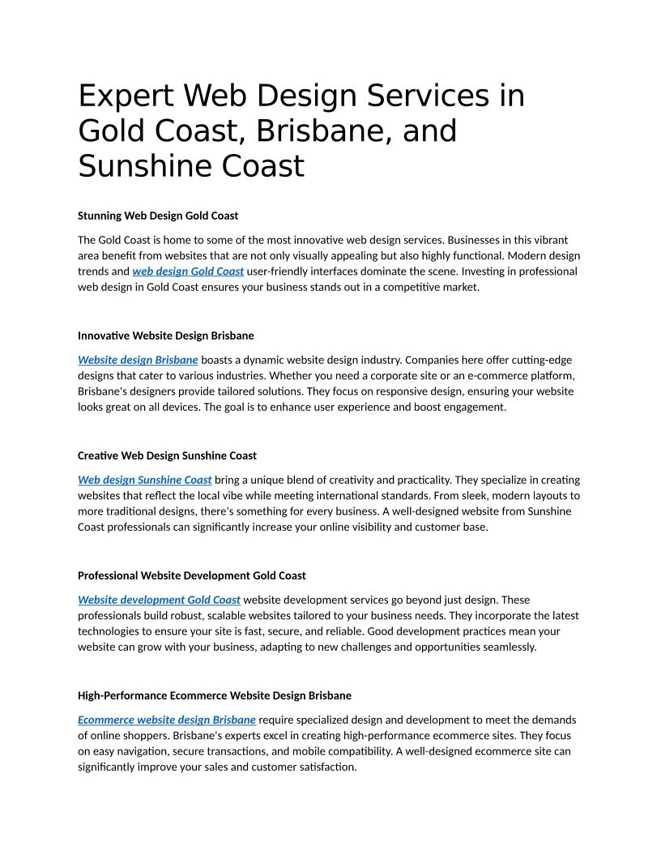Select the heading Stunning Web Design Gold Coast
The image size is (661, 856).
pos(158,216)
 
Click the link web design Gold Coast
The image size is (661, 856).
pos(188,272)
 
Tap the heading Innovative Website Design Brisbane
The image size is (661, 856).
pos(166,336)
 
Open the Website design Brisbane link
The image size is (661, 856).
pos(138,360)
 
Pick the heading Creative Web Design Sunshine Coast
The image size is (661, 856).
pos(167,456)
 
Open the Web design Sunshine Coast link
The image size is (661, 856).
pos(145,480)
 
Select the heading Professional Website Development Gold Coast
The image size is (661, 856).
pos(192,576)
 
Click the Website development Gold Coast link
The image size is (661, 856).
pos(159,600)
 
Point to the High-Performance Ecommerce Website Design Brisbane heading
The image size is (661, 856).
pos(215,695)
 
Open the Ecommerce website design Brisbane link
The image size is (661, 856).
pos(167,720)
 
